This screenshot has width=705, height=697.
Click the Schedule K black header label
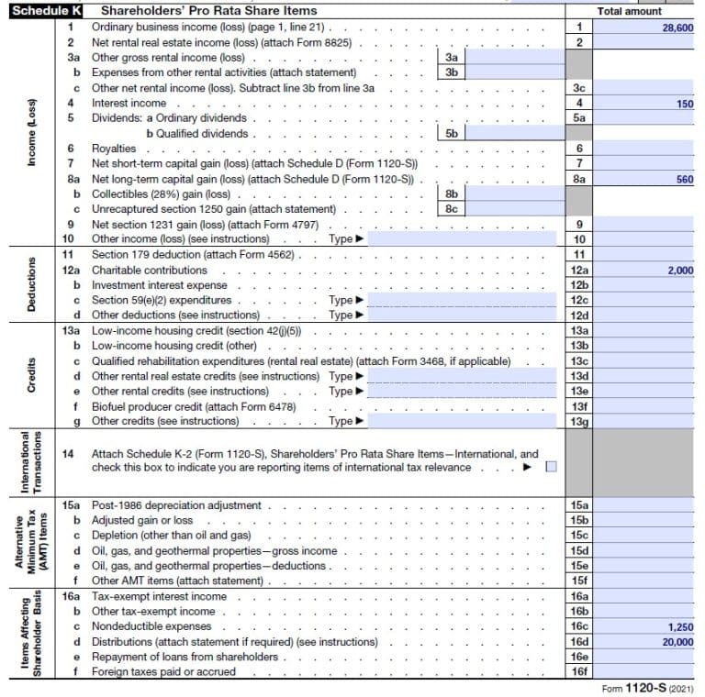42,12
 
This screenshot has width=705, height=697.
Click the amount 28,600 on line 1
677,28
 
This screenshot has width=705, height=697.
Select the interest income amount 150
684,104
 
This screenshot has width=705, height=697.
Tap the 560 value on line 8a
684,180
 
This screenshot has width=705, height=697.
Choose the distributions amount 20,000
677,642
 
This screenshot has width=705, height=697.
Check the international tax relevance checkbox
551,467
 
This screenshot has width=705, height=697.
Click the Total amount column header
629,12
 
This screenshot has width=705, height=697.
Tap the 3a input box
514,58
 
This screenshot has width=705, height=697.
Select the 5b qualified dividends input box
514,134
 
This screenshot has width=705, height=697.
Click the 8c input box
514,209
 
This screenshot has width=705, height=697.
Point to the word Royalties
114,149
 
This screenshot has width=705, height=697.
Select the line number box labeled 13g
579,421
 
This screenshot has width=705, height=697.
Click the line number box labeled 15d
579,551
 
